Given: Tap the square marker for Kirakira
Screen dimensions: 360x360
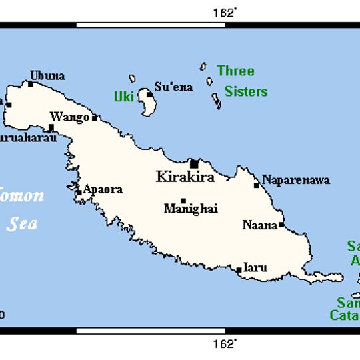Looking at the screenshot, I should point(194,163).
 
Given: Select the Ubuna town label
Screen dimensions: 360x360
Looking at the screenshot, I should point(47,75).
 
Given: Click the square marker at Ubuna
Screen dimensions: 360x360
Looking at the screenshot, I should point(31,84).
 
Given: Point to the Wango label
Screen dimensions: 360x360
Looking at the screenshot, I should point(69,117).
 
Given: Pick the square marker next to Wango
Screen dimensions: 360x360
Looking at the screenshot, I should point(95,118).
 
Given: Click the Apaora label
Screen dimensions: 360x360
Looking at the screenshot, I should point(103,189).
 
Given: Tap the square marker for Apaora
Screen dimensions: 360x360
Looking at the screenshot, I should point(79,193).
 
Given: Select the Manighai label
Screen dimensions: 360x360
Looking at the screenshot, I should point(191,209).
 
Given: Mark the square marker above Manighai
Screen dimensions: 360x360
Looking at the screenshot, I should point(183,200).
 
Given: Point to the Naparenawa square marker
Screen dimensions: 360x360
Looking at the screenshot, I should point(257,185).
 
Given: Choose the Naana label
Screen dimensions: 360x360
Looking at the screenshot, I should point(259,225).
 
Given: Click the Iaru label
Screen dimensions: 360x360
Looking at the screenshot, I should point(255,268).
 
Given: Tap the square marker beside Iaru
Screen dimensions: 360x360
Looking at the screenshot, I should point(239,270).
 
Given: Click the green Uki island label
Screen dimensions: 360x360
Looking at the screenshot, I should point(124,97).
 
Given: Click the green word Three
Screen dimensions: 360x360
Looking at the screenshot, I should point(235,71).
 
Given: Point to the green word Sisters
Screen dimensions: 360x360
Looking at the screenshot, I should point(245,91).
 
